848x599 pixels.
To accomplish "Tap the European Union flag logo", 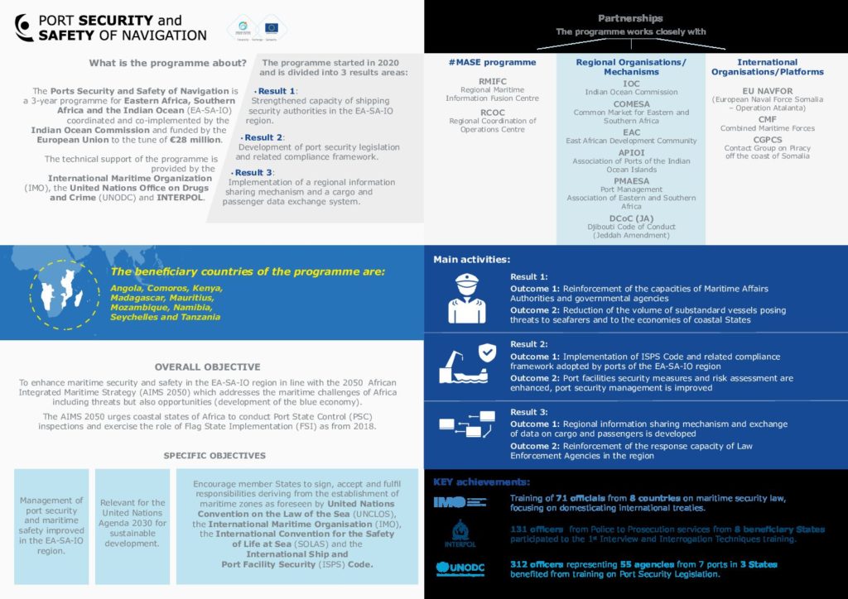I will pos(271,27).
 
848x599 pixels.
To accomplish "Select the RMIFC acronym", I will pos(492,81).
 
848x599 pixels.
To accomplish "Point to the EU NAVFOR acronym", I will pos(768,89).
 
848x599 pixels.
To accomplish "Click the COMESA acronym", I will pos(631,103).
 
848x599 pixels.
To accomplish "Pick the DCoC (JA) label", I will pos(631,218).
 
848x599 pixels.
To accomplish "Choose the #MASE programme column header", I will pos(492,62).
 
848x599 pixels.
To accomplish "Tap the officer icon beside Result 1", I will pos(466,299).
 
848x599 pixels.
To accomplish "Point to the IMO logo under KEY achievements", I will pos(460,501).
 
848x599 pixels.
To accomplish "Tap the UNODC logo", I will pos(460,569).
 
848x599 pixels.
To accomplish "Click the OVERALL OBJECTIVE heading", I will pos(207,367).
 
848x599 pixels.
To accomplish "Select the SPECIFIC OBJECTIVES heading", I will pos(214,455).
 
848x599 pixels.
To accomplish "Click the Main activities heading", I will pos(471,260).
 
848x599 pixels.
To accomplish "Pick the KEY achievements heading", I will pos(481,482).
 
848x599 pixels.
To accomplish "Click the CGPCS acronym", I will pos(768,140).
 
